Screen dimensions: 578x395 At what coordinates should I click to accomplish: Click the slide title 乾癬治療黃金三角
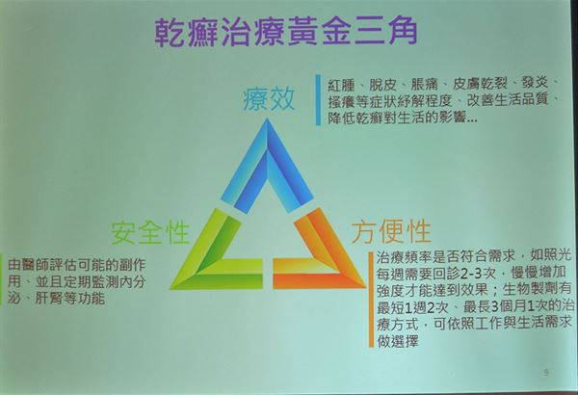point(286,32)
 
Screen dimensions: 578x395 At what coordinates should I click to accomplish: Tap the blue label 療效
point(269,99)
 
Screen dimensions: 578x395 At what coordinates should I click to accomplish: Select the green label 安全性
point(150,232)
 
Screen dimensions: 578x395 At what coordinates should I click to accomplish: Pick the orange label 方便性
point(391,231)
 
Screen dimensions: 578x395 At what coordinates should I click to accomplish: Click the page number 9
point(546,372)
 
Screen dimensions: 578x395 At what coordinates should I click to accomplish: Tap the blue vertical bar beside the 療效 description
point(318,100)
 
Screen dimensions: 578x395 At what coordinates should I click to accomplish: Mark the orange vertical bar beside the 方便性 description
point(371,300)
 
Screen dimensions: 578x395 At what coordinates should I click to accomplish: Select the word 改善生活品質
point(508,100)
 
